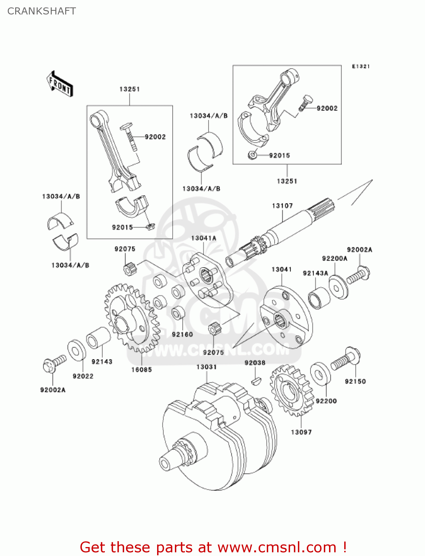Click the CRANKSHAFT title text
point(41,11)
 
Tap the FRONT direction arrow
point(59,84)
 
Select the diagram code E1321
point(361,66)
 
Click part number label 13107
point(282,206)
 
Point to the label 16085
point(141,370)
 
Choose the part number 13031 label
point(206,367)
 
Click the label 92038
point(255,363)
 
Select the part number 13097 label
point(301,432)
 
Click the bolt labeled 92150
point(346,359)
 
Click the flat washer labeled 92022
point(77,350)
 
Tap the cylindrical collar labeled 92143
point(98,338)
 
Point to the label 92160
point(182,334)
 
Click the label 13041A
point(203,238)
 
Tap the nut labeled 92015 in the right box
point(252,155)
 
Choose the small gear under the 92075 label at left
point(129,269)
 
